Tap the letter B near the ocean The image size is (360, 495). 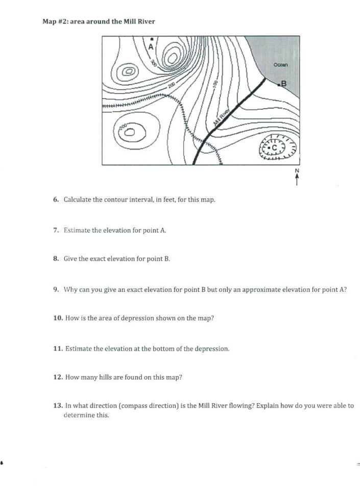point(284,83)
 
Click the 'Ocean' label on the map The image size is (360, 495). point(280,65)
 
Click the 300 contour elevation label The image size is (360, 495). point(153,63)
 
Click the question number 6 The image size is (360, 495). point(56,199)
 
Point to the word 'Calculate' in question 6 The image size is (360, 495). point(77,199)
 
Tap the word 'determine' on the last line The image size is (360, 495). point(79,415)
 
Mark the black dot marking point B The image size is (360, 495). point(279,85)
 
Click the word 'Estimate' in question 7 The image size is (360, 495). point(77,230)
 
